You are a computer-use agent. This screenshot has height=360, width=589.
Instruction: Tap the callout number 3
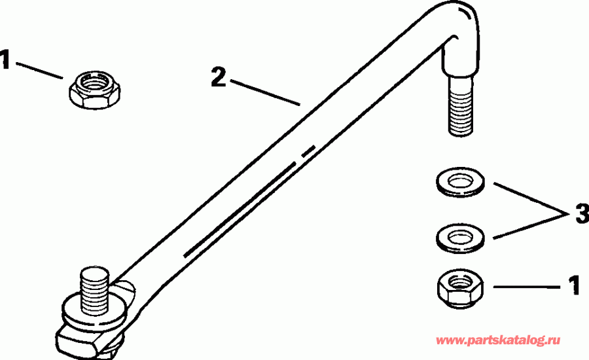click(x=580, y=213)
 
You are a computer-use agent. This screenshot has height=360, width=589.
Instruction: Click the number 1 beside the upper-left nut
click(x=6, y=62)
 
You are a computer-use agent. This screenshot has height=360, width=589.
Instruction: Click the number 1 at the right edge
click(x=573, y=286)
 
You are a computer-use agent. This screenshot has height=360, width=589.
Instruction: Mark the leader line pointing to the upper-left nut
click(x=39, y=69)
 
